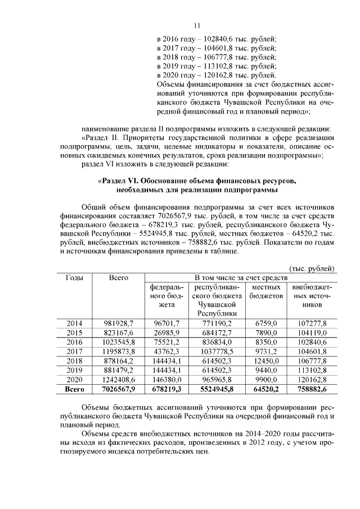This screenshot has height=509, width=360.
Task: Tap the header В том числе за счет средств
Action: (241, 278)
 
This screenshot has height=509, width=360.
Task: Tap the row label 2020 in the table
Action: (74, 379)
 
